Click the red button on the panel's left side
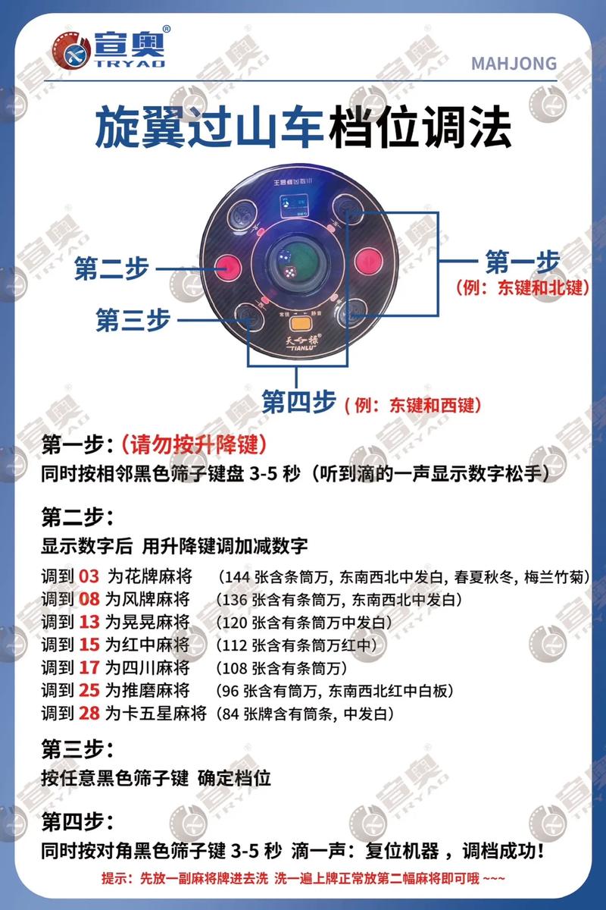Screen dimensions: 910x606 tap(227, 266)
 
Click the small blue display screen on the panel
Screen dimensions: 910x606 tap(291, 206)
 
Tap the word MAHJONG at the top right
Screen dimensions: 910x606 tap(514, 63)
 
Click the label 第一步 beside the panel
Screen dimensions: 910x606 tap(522, 262)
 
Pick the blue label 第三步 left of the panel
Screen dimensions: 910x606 tap(132, 319)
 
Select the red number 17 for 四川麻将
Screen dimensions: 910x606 tap(89, 668)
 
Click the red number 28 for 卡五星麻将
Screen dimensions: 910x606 tap(89, 714)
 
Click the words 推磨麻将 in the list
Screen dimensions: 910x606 tap(159, 691)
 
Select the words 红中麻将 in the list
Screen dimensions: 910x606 tap(159, 645)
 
